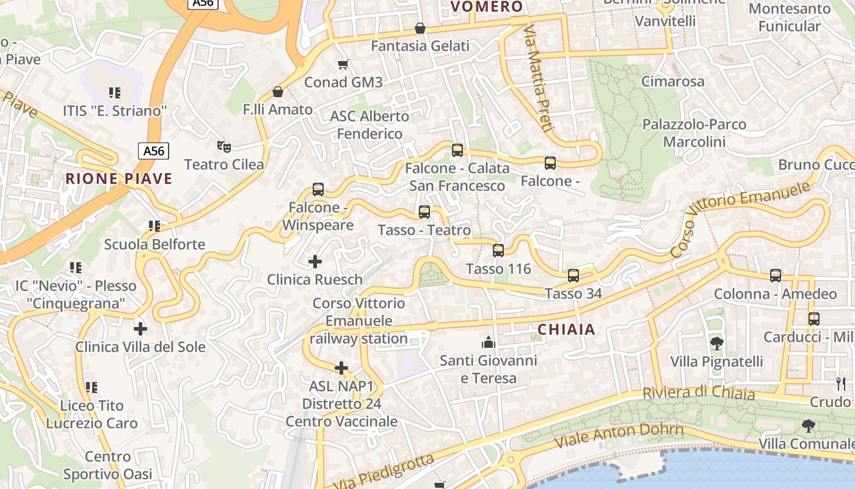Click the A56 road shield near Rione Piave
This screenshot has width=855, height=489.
(x=153, y=150)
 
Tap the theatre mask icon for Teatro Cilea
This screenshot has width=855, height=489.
(x=224, y=146)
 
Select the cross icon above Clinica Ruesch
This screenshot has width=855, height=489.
(x=315, y=262)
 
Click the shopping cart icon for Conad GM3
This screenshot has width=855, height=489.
(x=343, y=64)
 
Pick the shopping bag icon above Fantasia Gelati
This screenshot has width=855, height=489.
(x=420, y=28)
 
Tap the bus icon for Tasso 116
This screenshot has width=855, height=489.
(x=498, y=250)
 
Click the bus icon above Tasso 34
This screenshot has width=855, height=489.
(x=573, y=275)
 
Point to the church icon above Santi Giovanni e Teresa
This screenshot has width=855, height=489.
(x=488, y=342)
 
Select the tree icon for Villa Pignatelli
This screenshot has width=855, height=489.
(x=717, y=343)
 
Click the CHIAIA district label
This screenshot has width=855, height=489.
(x=566, y=329)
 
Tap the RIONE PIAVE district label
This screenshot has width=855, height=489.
(x=119, y=178)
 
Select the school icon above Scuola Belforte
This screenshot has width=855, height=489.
(x=155, y=226)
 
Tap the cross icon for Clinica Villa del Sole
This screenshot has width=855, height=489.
(x=140, y=329)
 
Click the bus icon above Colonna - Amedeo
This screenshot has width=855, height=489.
(x=776, y=276)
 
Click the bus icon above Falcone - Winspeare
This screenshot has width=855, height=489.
(x=318, y=189)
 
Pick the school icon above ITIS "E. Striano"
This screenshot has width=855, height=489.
(x=115, y=93)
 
